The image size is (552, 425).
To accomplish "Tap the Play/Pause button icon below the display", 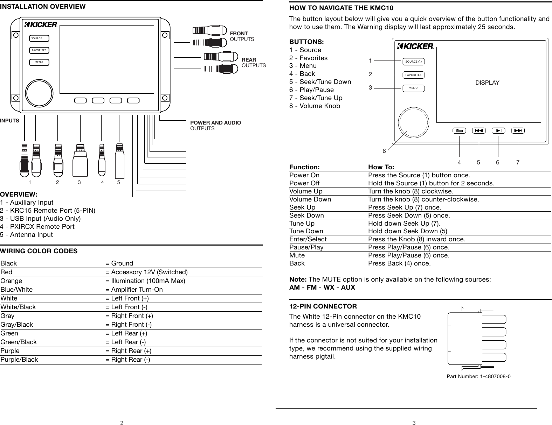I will click(x=498, y=131).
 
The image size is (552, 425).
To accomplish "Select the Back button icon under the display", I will click(x=459, y=131).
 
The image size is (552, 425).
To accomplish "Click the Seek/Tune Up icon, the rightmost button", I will click(x=518, y=131).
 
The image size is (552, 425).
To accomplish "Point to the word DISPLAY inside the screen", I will click(x=487, y=83).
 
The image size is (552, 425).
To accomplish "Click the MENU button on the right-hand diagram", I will click(x=413, y=88).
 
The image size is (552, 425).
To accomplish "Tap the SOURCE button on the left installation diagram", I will click(x=39, y=38).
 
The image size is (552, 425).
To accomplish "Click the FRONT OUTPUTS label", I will click(x=242, y=36).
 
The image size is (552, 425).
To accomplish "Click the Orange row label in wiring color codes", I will click(x=12, y=281).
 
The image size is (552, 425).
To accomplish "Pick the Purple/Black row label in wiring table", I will click(x=19, y=360).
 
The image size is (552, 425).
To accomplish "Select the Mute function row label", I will click(x=297, y=255).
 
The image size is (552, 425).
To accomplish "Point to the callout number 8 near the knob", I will click(x=384, y=151).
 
